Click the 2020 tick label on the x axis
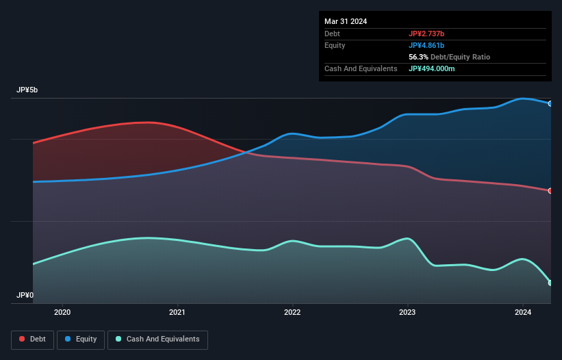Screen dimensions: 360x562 click(62, 313)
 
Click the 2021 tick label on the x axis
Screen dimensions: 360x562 click(177, 313)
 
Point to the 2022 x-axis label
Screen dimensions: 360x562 click(292, 313)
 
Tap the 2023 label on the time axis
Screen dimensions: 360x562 click(407, 313)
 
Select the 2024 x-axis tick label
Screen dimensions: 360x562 click(522, 313)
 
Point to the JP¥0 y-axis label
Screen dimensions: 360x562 click(25, 296)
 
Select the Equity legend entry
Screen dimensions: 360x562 click(81, 339)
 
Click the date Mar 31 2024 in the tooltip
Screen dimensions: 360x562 click(346, 21)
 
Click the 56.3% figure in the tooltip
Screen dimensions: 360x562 click(418, 57)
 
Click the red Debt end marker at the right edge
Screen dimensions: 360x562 click(550, 191)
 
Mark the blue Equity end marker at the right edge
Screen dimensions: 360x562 click(550, 103)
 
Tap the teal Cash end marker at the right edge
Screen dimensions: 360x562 click(550, 283)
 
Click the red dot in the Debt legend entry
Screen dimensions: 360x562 click(23, 339)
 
